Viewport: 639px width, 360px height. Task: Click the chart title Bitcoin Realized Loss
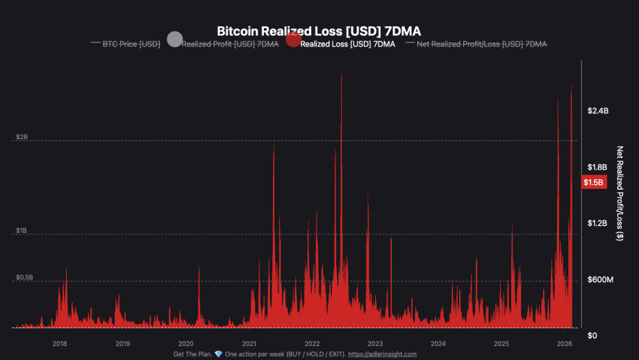coord(319,31)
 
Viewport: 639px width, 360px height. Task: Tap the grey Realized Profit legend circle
coord(175,40)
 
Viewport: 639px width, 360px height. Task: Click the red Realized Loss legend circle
coord(293,40)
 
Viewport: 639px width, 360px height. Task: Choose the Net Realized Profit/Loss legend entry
coord(481,44)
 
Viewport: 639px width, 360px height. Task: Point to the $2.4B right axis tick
coord(597,111)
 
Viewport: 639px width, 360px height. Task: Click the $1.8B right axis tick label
coord(597,167)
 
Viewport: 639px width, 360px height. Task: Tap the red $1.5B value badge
coord(594,183)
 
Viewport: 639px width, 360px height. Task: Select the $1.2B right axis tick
coord(597,224)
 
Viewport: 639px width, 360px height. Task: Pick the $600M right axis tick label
coord(600,280)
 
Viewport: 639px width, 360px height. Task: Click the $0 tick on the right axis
coord(592,336)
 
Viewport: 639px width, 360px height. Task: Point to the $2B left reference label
coord(22,137)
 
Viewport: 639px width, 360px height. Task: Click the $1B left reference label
coord(22,230)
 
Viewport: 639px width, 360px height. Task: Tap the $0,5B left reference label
coord(25,277)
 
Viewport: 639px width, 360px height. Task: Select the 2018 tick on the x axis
coord(60,343)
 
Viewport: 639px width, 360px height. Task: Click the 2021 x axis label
coord(249,343)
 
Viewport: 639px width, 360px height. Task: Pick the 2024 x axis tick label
coord(438,343)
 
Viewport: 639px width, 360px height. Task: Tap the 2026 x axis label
coord(564,343)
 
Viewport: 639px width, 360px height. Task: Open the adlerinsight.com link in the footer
coord(382,354)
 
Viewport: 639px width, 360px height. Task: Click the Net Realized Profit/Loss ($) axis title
coord(620,194)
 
